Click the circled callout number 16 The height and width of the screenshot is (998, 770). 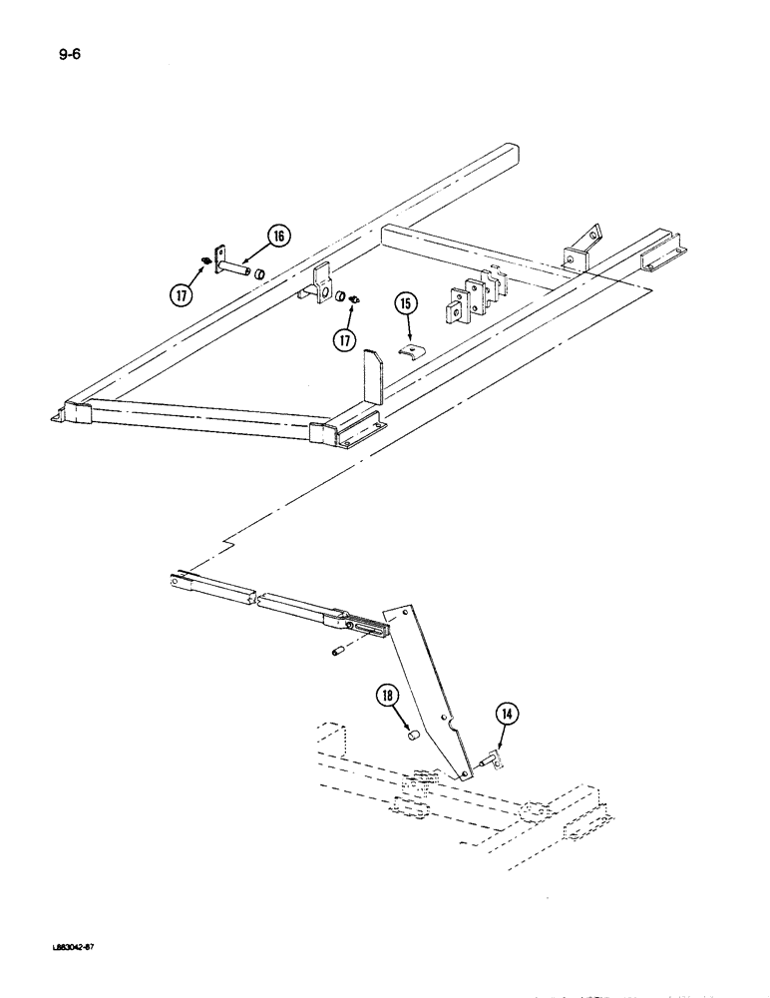pyautogui.click(x=276, y=238)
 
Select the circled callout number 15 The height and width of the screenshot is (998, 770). pyautogui.click(x=405, y=303)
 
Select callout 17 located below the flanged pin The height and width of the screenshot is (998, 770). pyautogui.click(x=180, y=295)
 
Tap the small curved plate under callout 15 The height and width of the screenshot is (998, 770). pyautogui.click(x=408, y=354)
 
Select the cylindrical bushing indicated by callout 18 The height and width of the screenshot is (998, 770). pyautogui.click(x=409, y=737)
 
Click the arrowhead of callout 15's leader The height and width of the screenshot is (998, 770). pyautogui.click(x=408, y=337)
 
